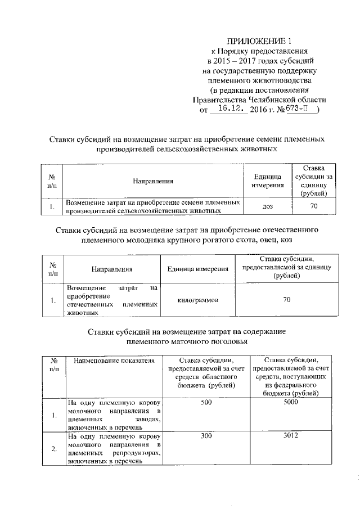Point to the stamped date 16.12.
click(228, 110)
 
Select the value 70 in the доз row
click(314, 206)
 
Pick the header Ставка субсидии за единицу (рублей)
click(314, 181)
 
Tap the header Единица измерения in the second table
click(197, 269)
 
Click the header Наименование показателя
click(114, 361)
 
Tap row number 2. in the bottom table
click(54, 448)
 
